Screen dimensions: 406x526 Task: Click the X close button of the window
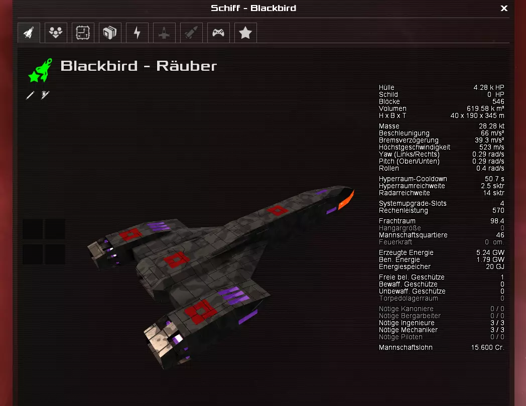[x=504, y=8]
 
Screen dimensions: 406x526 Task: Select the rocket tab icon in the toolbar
[x=29, y=33]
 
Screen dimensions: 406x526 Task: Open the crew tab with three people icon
[x=56, y=33]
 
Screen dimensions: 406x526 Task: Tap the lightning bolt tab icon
[x=137, y=33]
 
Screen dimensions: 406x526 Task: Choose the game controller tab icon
[x=218, y=33]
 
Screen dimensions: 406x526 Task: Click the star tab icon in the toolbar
[x=245, y=33]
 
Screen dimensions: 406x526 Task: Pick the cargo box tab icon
[x=110, y=33]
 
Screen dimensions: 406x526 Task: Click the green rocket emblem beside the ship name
[x=41, y=70]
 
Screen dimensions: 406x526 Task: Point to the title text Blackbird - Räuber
[x=139, y=66]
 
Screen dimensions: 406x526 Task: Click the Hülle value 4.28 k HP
[x=489, y=87]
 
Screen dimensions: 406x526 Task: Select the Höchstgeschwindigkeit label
[x=415, y=147]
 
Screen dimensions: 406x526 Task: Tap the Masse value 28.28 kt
[x=491, y=126]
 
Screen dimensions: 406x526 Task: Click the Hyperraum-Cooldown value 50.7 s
[x=494, y=179]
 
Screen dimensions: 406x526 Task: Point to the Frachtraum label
[x=397, y=221]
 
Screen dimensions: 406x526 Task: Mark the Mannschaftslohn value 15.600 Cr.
[x=487, y=347]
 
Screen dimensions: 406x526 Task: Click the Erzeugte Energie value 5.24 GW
[x=490, y=252]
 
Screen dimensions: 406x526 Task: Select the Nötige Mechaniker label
[x=408, y=330]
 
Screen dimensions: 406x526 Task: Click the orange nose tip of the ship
[x=347, y=200]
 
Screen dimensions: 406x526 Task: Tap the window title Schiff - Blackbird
[x=253, y=8]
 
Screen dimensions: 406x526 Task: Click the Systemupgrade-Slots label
[x=413, y=203]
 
